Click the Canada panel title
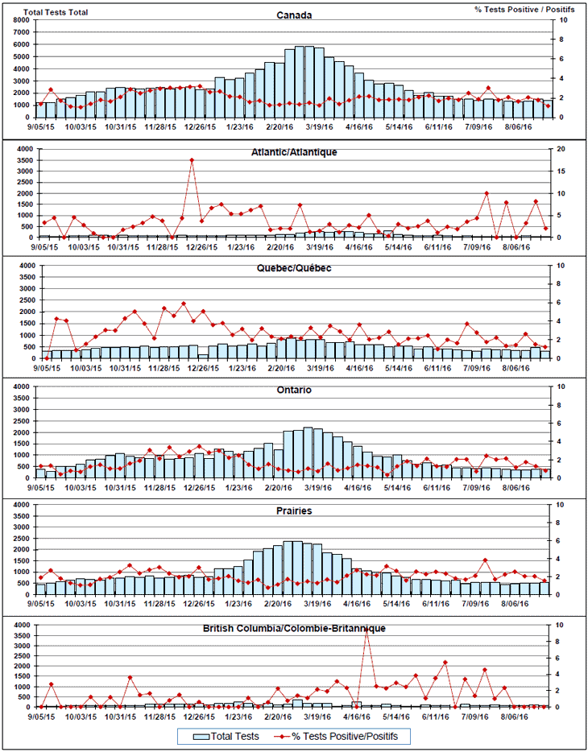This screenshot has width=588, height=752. [x=294, y=15]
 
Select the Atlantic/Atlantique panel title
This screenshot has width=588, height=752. [x=294, y=151]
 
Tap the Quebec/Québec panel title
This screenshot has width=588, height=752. [x=294, y=268]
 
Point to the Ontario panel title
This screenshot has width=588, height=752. [x=294, y=390]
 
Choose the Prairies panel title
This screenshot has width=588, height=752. [x=294, y=510]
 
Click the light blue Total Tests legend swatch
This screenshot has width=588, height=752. [x=201, y=736]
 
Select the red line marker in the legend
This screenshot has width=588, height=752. [x=280, y=736]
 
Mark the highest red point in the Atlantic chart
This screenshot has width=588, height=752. [x=192, y=160]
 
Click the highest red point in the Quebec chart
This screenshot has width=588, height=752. [x=183, y=304]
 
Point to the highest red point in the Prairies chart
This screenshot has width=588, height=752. [x=485, y=560]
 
